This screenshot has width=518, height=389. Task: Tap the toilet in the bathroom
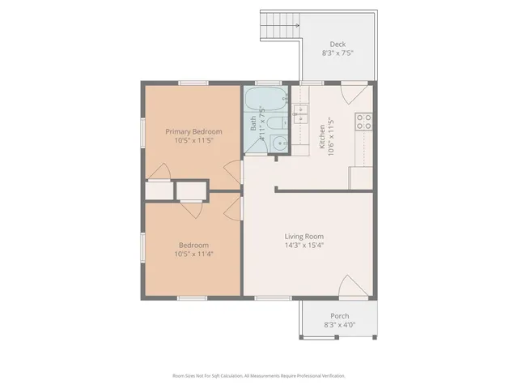pos(275,124)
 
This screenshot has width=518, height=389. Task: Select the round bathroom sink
pos(279,144)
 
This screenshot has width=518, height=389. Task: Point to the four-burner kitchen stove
pos(364,122)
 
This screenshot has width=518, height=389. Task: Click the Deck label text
pos(338,44)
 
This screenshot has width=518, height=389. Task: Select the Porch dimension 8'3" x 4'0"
pos(338,326)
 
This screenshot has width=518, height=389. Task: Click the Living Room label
pos(304,236)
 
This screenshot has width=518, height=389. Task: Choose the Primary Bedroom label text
pos(193,130)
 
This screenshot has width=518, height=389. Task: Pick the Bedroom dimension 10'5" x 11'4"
pos(193,254)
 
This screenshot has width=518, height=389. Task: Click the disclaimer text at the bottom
pos(259,376)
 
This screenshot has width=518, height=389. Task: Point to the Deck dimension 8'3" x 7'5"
pos(338,53)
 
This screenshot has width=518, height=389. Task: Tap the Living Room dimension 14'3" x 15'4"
pos(304,246)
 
